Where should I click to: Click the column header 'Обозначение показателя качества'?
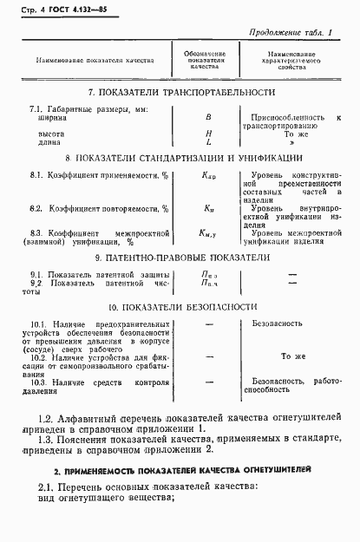(206, 62)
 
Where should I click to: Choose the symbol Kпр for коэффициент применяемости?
(207, 177)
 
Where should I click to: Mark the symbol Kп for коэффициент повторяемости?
(208, 209)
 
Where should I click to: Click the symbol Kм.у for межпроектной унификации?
(207, 233)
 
